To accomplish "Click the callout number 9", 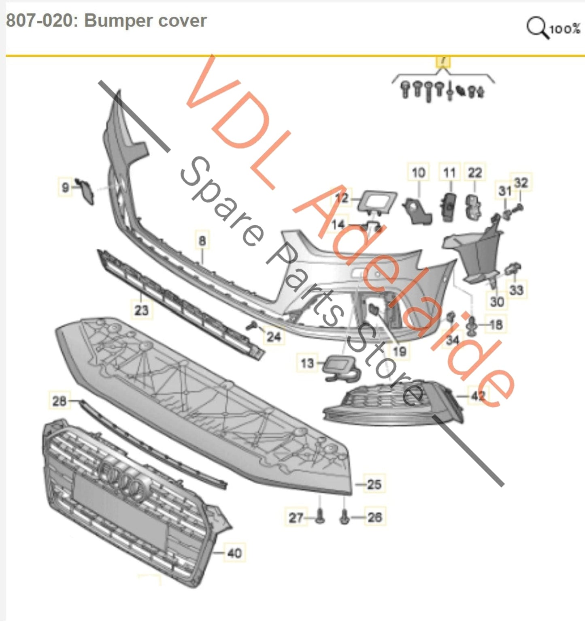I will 65,187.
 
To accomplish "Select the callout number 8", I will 202,241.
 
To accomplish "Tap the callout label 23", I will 141,310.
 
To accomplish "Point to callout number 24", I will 274,336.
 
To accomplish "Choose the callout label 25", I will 374,484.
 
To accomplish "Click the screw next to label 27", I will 320,516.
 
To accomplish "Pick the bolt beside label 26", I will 345,517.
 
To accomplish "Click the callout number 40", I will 234,553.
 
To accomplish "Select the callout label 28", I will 59,401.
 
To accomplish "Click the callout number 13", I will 307,363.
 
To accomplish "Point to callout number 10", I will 418,173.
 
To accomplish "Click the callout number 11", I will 449,173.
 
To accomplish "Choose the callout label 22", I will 475,173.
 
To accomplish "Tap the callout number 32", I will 521,183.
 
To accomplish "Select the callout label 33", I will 516,290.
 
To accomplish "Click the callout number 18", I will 496,324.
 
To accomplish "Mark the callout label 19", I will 400,351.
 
